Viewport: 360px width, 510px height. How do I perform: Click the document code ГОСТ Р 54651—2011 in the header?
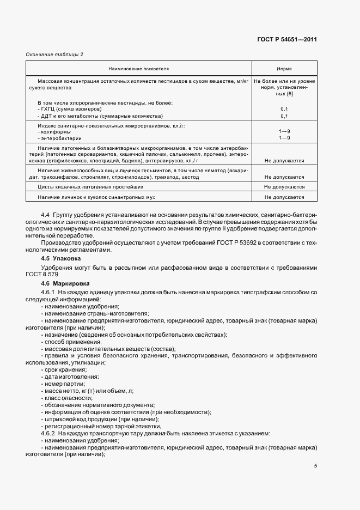[287, 39]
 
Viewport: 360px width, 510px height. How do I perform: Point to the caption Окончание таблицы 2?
[54, 54]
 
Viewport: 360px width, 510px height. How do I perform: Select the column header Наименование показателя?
[138, 69]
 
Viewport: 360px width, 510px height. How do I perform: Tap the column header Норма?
[284, 69]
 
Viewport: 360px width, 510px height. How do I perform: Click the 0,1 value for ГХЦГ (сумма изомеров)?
[284, 109]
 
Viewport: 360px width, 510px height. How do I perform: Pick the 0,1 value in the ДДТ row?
[284, 116]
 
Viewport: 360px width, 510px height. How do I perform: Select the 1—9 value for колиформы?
[284, 131]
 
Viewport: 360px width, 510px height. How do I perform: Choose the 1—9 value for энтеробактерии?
[284, 138]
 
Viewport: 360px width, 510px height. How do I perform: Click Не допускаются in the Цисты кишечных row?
[284, 186]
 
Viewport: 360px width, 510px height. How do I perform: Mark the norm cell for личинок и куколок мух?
[284, 197]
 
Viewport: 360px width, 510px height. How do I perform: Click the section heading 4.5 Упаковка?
[61, 258]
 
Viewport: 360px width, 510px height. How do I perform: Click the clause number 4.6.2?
[49, 433]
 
